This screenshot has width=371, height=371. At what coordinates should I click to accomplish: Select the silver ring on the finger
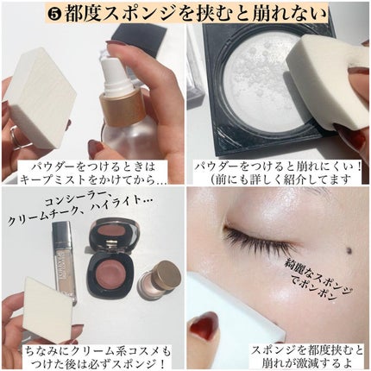(16, 139)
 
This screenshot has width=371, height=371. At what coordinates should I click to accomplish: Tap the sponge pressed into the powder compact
(328, 80)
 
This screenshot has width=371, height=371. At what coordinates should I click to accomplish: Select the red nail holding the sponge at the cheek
(204, 325)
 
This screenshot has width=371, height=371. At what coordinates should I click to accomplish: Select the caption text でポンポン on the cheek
(311, 291)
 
